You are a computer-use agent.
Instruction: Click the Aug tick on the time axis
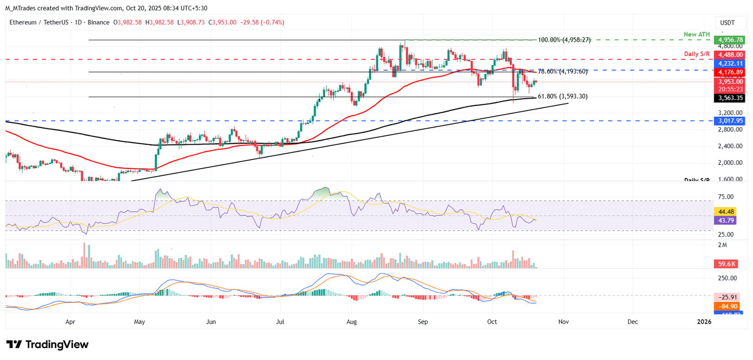click(351, 322)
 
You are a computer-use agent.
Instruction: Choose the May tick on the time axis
click(140, 322)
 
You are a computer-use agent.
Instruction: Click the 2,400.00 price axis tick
click(728, 146)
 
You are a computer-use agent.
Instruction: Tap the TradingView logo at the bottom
click(48, 344)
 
